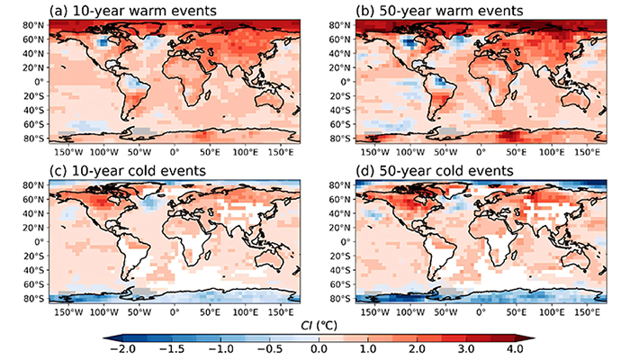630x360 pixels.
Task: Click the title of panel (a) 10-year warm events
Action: [x=132, y=10]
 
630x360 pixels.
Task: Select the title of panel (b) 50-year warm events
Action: [x=439, y=10]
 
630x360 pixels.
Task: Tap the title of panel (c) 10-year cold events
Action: [x=128, y=170]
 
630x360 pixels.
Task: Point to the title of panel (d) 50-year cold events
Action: [x=435, y=170]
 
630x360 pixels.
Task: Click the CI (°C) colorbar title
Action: [x=319, y=325]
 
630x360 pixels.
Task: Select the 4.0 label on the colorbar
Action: [x=515, y=348]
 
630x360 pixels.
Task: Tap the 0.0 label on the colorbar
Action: [x=319, y=348]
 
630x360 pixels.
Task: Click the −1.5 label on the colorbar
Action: [x=171, y=348]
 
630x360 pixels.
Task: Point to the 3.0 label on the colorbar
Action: [x=466, y=348]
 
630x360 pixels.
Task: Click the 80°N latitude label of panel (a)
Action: [x=34, y=25]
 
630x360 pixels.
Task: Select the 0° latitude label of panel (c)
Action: [x=40, y=242]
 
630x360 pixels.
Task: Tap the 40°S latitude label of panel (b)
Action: [x=341, y=110]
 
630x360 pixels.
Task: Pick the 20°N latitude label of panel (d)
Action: [x=341, y=228]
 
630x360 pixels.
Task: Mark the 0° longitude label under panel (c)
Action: [x=175, y=313]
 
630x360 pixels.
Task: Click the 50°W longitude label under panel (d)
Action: [x=446, y=313]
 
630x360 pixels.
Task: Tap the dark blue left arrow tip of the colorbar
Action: [x=104, y=338]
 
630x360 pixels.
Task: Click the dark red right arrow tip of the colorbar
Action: [x=534, y=338]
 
